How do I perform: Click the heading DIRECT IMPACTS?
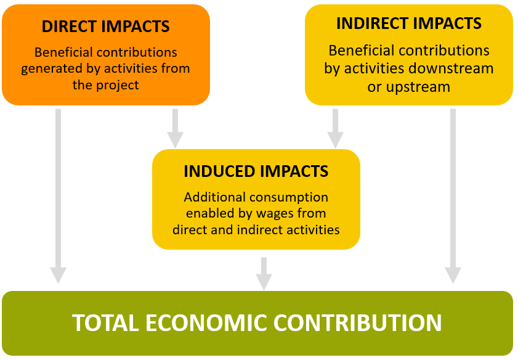tap(105, 27)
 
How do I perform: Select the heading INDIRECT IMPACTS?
tap(408, 24)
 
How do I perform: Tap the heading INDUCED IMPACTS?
tap(256, 171)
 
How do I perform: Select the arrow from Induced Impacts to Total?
tap(264, 272)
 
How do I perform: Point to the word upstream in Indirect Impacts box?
tap(418, 87)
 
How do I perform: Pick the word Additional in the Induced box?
tap(216, 198)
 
